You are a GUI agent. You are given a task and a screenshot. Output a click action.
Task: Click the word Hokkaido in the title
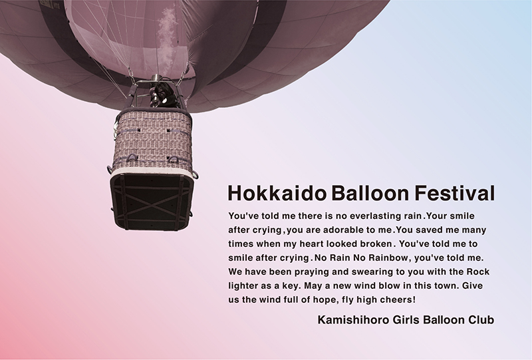point(277,193)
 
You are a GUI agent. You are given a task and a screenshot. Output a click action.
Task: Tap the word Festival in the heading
point(455,193)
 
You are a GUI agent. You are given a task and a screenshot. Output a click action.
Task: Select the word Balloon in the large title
point(370,193)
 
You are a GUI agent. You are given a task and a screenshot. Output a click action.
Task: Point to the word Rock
point(478,271)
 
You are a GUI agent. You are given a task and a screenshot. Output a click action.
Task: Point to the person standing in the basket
point(164,96)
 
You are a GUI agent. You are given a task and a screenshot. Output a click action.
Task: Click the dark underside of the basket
point(152,201)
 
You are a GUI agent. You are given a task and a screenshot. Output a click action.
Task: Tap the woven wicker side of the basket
point(153,140)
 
